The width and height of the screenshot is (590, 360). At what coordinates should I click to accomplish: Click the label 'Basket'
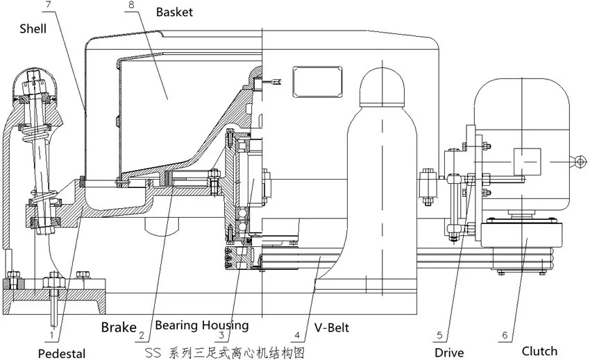point(174,12)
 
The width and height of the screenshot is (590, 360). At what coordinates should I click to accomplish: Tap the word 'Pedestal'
point(62,353)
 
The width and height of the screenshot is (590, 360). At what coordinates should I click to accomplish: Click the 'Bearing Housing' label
point(201,325)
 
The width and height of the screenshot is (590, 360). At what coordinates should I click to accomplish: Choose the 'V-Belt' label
point(332,325)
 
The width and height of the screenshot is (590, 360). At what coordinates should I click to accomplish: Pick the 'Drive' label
point(449,352)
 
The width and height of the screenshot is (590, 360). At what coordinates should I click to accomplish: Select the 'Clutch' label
point(539,350)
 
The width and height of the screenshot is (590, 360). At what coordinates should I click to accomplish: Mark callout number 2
point(142,336)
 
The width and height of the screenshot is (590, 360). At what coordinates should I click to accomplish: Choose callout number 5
point(439,336)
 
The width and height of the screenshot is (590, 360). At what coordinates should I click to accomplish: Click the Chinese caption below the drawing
point(226,352)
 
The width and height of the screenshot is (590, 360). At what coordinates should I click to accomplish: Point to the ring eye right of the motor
point(578,161)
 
